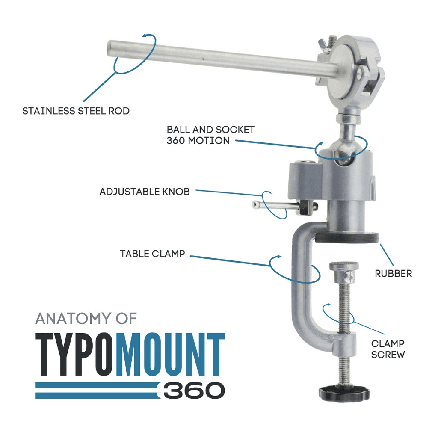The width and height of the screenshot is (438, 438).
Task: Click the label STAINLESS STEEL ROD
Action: [76, 111]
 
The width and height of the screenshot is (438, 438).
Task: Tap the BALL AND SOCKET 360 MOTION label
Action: [210, 135]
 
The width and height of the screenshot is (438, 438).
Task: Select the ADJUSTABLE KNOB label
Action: [145, 192]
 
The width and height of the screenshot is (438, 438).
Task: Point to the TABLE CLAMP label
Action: [153, 254]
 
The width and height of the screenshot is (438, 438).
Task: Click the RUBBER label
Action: [394, 273]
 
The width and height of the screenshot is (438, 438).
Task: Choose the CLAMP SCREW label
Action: [388, 349]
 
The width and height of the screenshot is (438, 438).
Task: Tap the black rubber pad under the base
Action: [347, 237]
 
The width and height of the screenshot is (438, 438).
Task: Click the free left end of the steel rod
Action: [109, 49]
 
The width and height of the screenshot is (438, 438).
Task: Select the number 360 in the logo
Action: [194, 390]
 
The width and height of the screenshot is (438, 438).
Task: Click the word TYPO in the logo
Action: [74, 354]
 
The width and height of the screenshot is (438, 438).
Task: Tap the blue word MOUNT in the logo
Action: [170, 354]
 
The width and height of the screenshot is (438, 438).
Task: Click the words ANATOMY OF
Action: [86, 318]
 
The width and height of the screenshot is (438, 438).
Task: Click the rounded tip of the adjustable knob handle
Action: [255, 205]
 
